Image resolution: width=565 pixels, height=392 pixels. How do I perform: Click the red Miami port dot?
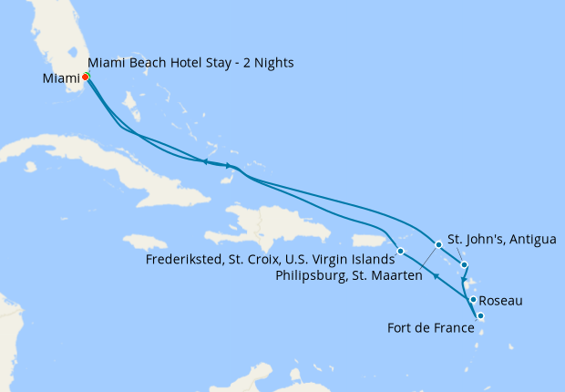tap(85, 77)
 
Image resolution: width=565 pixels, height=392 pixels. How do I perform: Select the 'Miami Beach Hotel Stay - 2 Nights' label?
tap(190, 62)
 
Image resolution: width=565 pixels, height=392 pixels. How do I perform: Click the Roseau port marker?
tap(473, 299)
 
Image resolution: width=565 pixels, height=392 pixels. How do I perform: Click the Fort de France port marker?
tap(480, 316)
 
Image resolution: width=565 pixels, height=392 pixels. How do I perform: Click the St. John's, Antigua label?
tap(502, 240)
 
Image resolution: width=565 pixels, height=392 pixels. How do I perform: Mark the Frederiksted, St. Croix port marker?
tap(401, 250)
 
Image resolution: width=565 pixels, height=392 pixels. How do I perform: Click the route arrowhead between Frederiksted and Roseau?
tap(436, 276)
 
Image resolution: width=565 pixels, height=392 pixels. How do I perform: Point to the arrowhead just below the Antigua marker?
tap(464, 278)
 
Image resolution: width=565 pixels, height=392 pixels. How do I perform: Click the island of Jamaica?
tap(145, 242)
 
